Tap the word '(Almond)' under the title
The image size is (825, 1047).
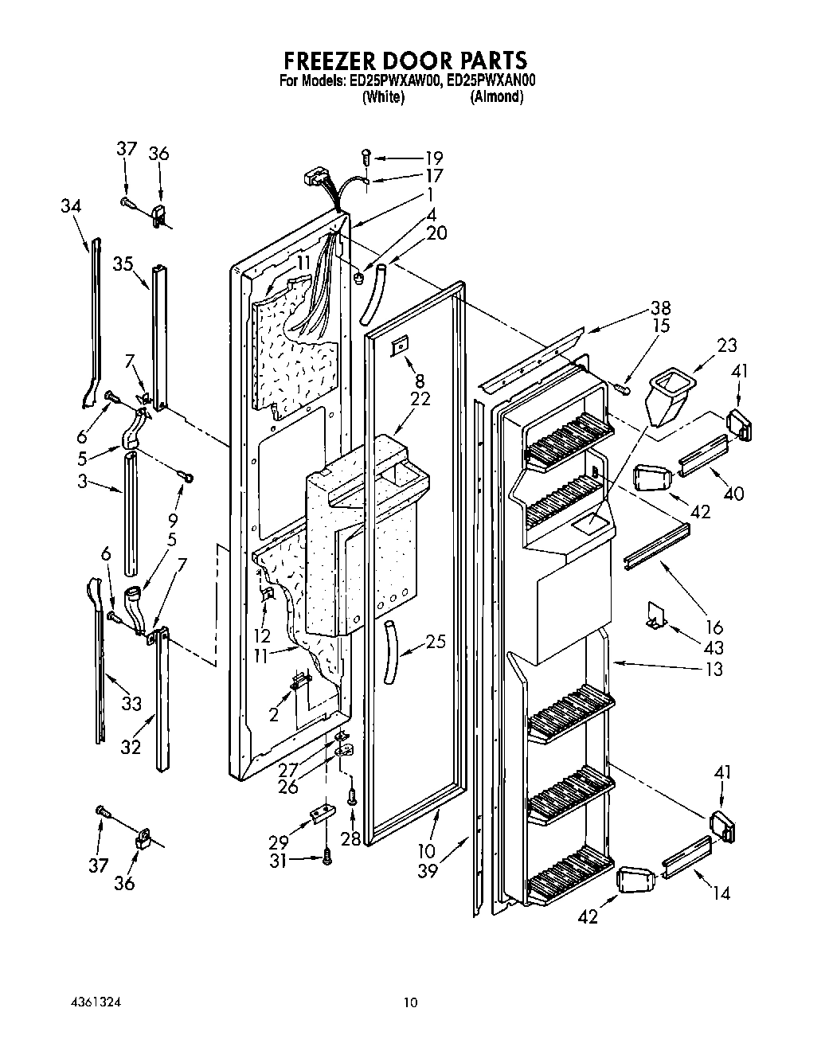pos(496,97)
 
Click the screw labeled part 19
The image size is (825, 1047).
pos(366,157)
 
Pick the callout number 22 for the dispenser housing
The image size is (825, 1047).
pos(420,399)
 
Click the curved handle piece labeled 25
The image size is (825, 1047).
pos(391,651)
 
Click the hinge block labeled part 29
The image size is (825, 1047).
pos(323,815)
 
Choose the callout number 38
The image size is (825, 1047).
pos(660,308)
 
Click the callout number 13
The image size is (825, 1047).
pos(714,669)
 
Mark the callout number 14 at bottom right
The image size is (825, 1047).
pos(721,893)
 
